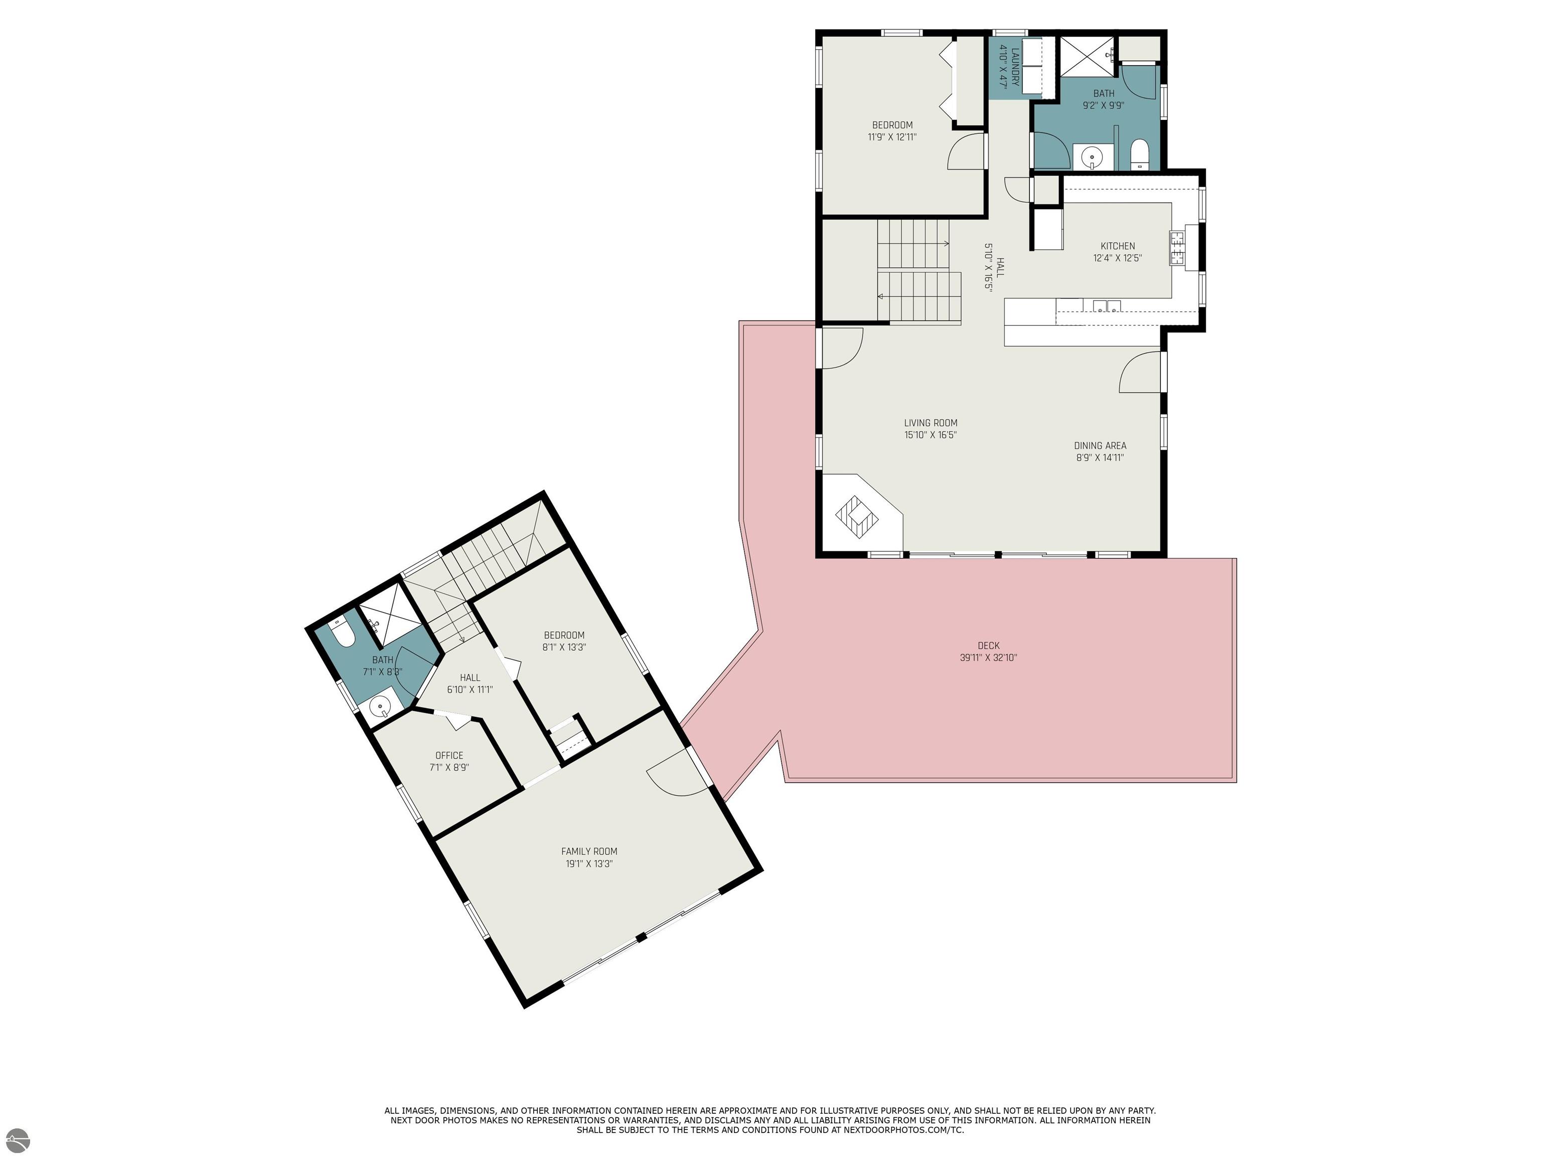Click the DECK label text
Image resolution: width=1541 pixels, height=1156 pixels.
pyautogui.click(x=988, y=645)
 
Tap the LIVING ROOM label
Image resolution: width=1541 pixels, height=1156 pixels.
pyautogui.click(x=930, y=423)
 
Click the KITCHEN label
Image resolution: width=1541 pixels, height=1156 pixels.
pyautogui.click(x=1118, y=246)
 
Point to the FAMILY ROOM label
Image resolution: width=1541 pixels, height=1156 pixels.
pyautogui.click(x=589, y=851)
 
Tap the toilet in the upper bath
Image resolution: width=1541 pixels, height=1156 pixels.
pyautogui.click(x=1140, y=154)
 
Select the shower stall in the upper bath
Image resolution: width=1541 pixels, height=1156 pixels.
pyautogui.click(x=1087, y=54)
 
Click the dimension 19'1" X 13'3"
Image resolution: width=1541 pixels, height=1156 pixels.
pyautogui.click(x=589, y=864)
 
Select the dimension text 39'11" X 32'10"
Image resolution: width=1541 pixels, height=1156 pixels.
pyautogui.click(x=988, y=657)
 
